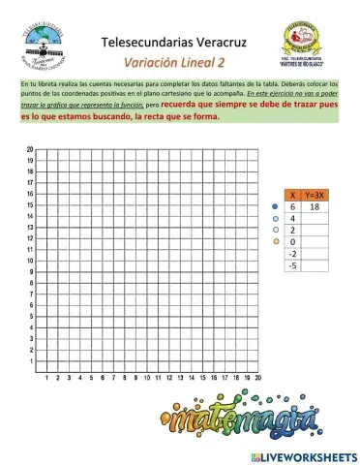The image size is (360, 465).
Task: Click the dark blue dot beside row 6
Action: coord(276,207)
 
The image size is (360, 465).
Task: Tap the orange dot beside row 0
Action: coord(276,241)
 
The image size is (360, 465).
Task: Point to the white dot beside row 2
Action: coord(276,230)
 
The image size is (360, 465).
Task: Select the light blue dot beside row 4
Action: coord(276,219)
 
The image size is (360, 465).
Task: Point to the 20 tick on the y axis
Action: coord(31,149)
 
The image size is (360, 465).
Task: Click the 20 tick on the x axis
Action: coord(258,379)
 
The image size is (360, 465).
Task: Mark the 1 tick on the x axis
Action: coord(46,379)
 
